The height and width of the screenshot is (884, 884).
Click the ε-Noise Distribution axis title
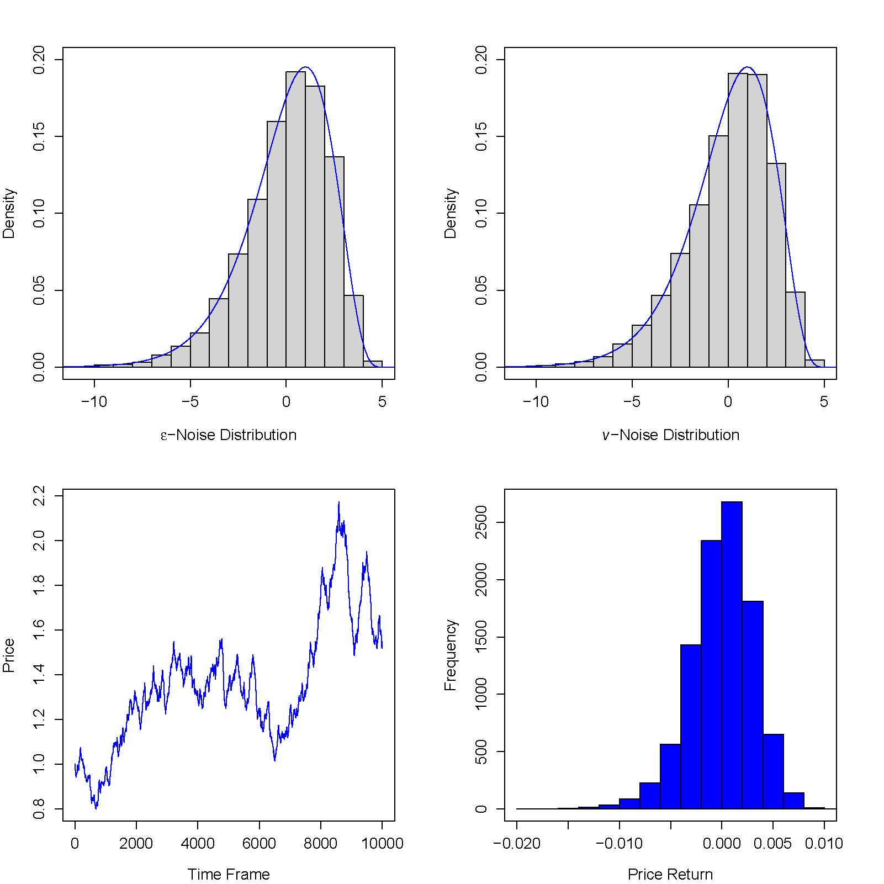pyautogui.click(x=229, y=435)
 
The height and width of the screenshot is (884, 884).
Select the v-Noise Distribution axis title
pyautogui.click(x=670, y=435)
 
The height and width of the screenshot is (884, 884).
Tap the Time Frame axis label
pyautogui.click(x=229, y=875)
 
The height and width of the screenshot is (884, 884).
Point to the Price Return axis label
pyautogui.click(x=670, y=875)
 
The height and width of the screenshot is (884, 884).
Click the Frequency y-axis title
pyautogui.click(x=451, y=655)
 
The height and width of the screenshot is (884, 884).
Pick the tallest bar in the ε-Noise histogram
pyautogui.click(x=295, y=221)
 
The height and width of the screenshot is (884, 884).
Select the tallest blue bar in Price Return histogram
pyautogui.click(x=732, y=657)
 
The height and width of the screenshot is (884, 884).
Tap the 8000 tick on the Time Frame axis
pyautogui.click(x=320, y=844)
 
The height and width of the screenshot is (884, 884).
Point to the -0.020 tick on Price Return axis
pyautogui.click(x=517, y=844)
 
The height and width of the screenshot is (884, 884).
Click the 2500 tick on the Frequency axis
pyautogui.click(x=481, y=522)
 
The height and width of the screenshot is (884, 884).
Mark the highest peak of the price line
pyautogui.click(x=338, y=502)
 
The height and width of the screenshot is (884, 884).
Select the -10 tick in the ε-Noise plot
pyautogui.click(x=94, y=402)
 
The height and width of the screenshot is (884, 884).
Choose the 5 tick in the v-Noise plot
pyautogui.click(x=824, y=402)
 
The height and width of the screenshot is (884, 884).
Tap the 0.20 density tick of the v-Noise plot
pyautogui.click(x=481, y=59)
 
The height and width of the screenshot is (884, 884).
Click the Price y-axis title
pyautogui.click(x=9, y=655)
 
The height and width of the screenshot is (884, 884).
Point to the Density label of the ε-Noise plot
pyautogui.click(x=9, y=213)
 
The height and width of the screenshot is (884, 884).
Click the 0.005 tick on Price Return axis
pyautogui.click(x=772, y=844)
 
